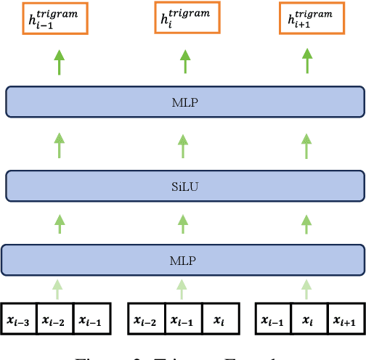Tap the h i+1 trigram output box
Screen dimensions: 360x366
pyautogui.click(x=311, y=20)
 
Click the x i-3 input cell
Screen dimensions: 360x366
pyautogui.click(x=20, y=320)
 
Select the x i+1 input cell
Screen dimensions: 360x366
pyautogui.click(x=346, y=320)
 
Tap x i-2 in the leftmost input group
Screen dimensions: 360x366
pyautogui.click(x=56, y=320)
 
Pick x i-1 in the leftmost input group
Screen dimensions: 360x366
pyautogui.click(x=91, y=320)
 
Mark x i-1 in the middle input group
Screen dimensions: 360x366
pyautogui.click(x=183, y=320)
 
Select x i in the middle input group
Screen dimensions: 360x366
pyautogui.click(x=219, y=320)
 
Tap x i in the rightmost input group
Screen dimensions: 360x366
pyautogui.click(x=310, y=320)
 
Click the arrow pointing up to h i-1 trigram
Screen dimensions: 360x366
pyautogui.click(x=57, y=62)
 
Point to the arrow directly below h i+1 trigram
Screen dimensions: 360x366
pyautogui.click(x=311, y=62)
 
